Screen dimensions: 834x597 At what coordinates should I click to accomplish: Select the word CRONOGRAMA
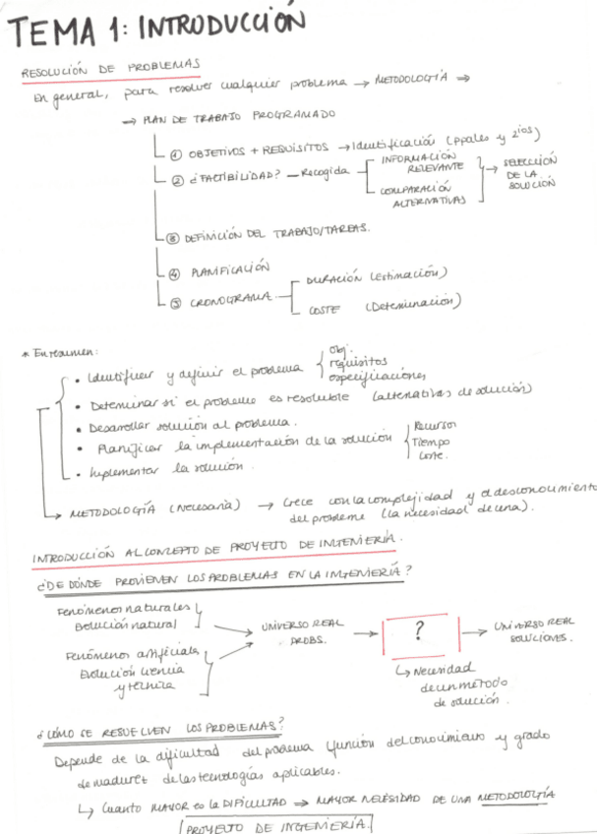pos(232,301)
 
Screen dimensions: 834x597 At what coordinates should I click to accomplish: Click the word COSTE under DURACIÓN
pos(324,311)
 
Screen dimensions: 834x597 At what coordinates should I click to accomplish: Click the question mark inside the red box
pos(418,630)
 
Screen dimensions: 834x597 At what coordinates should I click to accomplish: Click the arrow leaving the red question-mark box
pos(473,630)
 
